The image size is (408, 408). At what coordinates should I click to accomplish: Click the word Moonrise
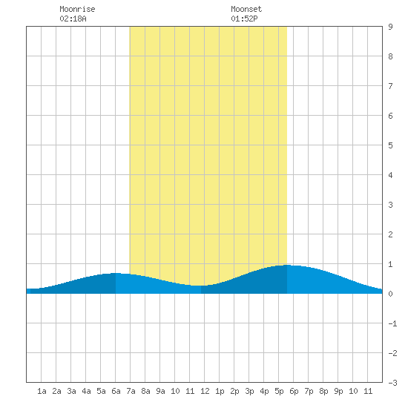(x=77, y=9)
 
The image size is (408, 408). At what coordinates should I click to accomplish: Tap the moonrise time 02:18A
(x=73, y=19)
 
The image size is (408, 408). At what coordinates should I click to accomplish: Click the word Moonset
(x=246, y=9)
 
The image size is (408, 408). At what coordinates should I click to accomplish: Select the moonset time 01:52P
(x=244, y=19)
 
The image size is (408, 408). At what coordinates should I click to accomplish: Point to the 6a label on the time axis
(x=116, y=391)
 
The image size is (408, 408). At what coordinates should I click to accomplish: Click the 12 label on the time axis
(x=205, y=391)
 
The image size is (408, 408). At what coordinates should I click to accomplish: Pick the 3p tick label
(x=249, y=391)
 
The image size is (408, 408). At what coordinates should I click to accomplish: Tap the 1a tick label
(x=42, y=391)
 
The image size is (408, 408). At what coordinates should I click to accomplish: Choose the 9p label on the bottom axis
(x=338, y=391)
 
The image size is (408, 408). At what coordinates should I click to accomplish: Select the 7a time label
(x=131, y=391)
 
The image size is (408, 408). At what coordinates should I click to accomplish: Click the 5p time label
(x=279, y=391)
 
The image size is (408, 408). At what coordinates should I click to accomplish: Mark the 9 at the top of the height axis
(x=390, y=27)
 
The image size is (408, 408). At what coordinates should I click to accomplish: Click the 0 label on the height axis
(x=390, y=294)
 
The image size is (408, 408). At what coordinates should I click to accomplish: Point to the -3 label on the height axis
(x=392, y=383)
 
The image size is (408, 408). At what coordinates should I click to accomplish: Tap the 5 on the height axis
(x=390, y=145)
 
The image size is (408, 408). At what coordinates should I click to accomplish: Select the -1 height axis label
(x=392, y=323)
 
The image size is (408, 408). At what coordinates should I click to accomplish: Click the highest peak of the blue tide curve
(x=287, y=265)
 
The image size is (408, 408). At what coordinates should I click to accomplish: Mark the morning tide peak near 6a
(x=116, y=273)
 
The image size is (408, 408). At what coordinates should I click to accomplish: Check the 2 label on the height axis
(x=390, y=234)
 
